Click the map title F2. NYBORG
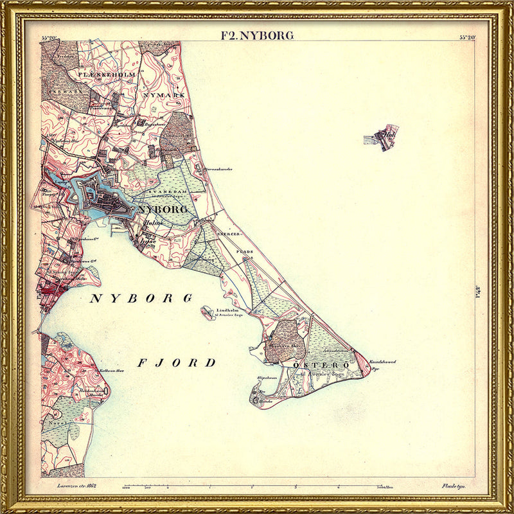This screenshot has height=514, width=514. point(257,35)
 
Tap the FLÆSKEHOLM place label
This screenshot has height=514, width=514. point(107,75)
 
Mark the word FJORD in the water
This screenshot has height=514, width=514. point(177,363)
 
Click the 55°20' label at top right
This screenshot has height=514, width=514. point(467,37)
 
